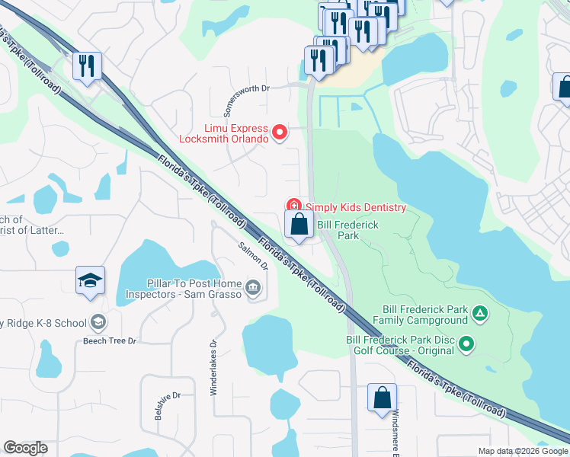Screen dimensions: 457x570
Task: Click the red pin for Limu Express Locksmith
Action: point(280,133)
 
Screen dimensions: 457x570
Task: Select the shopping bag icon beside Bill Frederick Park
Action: point(299,225)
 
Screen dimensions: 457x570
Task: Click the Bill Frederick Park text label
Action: point(347,231)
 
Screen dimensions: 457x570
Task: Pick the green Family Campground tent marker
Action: point(479,312)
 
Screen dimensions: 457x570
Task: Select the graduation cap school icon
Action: point(89,281)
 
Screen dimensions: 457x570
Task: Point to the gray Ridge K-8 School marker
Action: point(98,322)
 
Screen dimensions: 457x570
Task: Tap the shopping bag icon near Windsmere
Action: point(382,398)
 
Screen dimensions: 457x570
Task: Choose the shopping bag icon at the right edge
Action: point(563,88)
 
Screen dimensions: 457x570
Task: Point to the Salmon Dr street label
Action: point(254,256)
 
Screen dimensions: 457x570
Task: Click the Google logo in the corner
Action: point(25,448)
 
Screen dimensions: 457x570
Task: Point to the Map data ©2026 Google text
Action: point(522,451)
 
